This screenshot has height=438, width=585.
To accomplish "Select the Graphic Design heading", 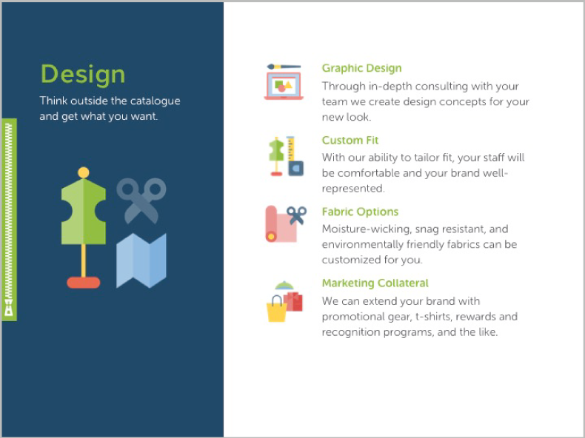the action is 361,68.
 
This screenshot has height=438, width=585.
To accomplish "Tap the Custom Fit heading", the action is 350,141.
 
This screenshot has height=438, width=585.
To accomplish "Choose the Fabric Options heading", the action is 360,212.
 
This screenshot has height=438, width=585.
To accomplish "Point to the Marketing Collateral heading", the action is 375,283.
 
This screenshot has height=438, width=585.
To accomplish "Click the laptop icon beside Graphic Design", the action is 284,86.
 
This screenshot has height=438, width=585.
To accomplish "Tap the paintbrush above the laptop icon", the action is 284,67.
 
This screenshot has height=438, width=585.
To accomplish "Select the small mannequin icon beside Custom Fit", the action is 276,156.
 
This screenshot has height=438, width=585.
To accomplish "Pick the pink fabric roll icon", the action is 281,223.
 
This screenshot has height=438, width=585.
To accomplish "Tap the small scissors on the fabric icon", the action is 297,215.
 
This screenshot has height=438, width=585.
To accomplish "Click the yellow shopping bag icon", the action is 277,309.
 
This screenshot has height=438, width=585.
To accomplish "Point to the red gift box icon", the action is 294,301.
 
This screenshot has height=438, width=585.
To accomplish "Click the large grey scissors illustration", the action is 141,201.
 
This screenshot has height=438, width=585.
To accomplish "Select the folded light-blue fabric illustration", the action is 141,260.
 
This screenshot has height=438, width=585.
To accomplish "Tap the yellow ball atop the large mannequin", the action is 84,172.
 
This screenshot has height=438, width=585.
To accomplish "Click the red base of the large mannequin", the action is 84,283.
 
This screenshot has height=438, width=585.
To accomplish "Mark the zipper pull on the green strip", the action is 9,308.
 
